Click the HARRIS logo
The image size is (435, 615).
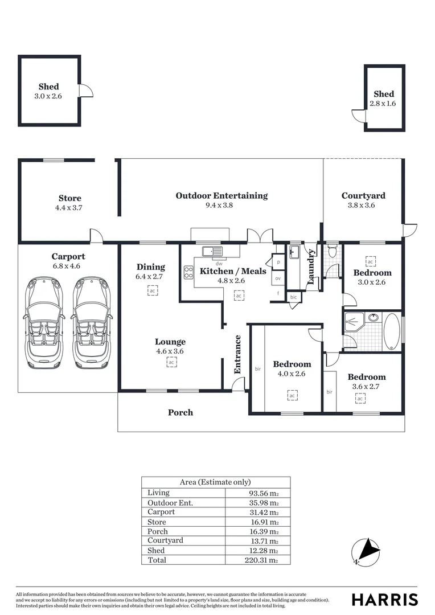tap(384, 600)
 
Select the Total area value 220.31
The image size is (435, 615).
tap(264, 560)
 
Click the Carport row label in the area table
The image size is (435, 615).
tap(161, 512)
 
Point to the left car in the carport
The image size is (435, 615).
tap(44, 322)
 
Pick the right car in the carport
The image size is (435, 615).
tap(92, 322)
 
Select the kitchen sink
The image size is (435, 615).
tap(214, 251)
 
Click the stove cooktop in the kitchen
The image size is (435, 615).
tap(188, 273)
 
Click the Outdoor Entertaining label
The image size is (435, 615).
tap(221, 196)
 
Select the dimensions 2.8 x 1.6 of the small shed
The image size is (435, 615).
tap(383, 104)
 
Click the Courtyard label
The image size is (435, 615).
tap(363, 196)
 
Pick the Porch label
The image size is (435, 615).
tap(180, 412)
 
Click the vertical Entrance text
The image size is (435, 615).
tap(238, 354)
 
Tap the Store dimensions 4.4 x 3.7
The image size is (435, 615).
tap(69, 208)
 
